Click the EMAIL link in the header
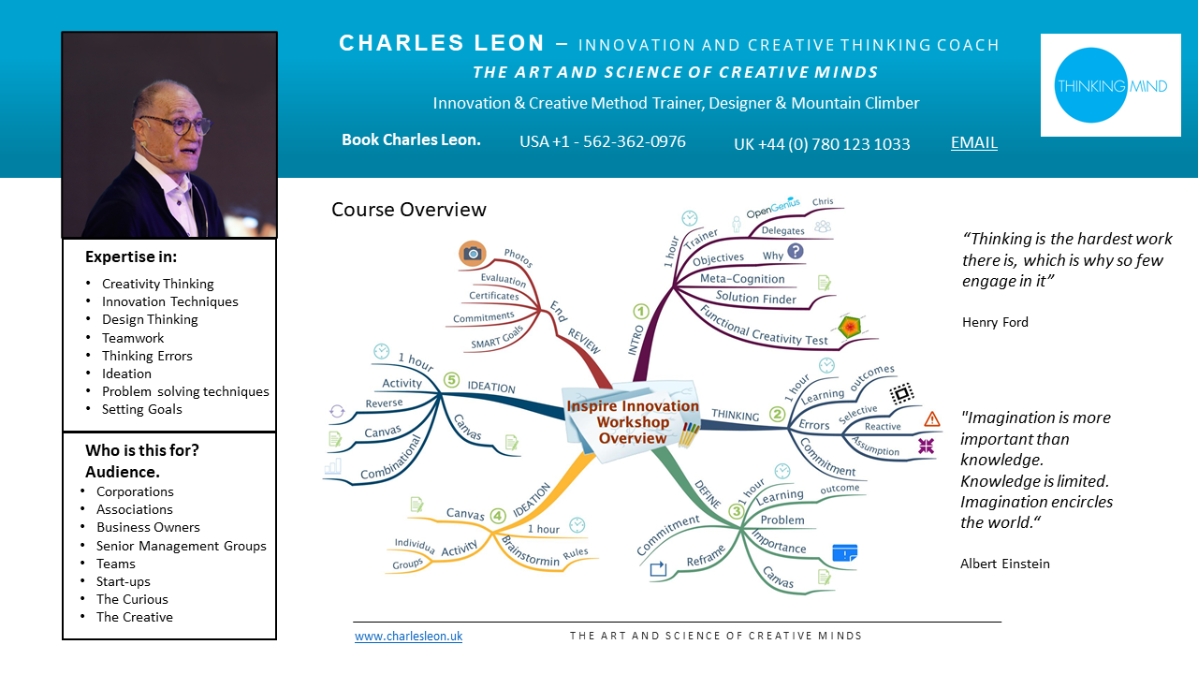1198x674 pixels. coord(974,142)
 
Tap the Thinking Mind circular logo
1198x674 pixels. coord(1111,86)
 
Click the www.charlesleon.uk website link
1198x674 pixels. coord(408,637)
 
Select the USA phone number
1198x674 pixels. coord(603,141)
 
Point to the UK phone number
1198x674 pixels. coord(822,144)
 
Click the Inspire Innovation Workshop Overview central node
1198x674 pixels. coord(633,421)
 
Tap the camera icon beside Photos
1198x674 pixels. coord(473,253)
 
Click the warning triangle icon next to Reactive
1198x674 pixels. coord(931,419)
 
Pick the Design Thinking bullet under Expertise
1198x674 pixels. coord(150,319)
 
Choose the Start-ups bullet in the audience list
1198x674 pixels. coord(124,581)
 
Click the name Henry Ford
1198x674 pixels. coord(995,322)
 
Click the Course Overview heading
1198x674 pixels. coord(409,210)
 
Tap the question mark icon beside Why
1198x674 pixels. coord(796,251)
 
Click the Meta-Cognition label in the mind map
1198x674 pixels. coord(742,279)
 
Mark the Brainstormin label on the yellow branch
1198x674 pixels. coord(531,552)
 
